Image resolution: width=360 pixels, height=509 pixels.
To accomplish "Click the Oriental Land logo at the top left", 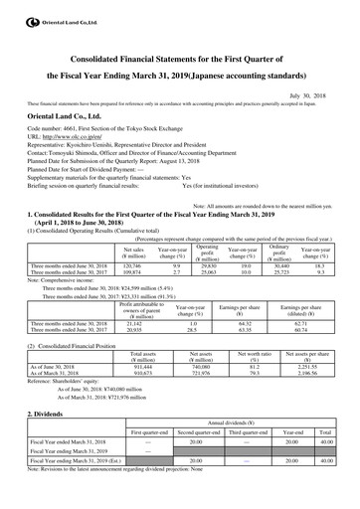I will [40, 10].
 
